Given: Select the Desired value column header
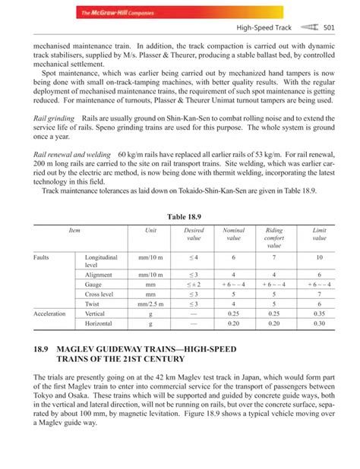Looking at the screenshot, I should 194,234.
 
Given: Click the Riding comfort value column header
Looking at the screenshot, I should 274,238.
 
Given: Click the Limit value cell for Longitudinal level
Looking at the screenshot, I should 319,258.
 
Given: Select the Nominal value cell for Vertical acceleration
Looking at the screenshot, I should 233,313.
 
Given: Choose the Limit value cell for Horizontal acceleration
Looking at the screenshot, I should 319,323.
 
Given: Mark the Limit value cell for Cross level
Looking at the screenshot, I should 319,292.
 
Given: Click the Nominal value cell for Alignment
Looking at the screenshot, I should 233,273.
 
